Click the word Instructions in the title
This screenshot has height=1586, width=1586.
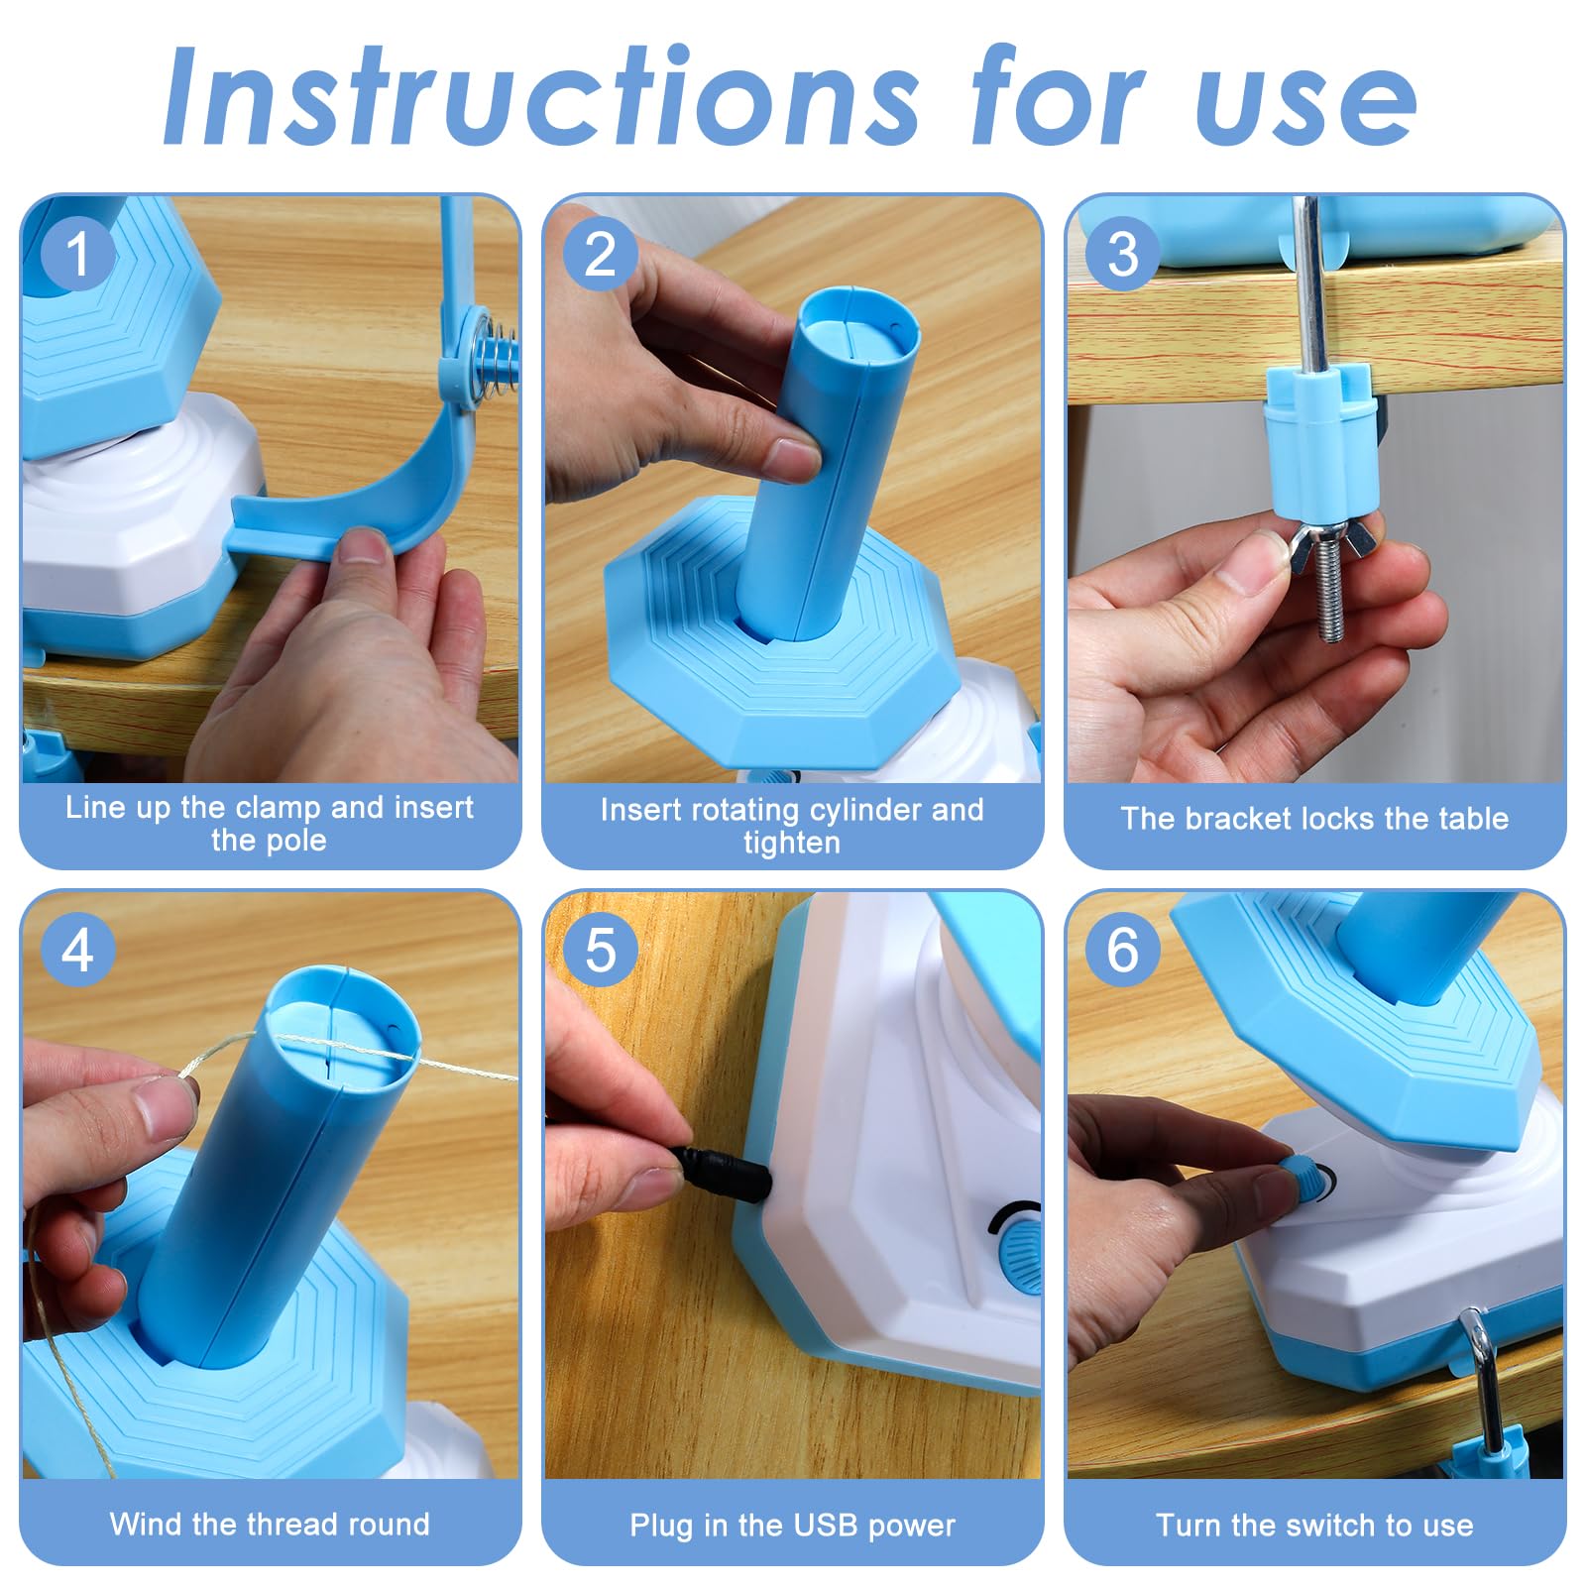[540, 97]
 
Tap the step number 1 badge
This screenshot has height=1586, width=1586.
[78, 254]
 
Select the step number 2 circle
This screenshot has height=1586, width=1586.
[601, 254]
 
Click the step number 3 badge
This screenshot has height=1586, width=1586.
[1122, 254]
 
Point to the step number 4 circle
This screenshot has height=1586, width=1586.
[78, 951]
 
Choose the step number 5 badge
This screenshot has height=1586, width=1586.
[601, 951]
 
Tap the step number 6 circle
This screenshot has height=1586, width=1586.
[1122, 951]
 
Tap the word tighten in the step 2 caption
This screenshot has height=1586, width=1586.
[791, 843]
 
